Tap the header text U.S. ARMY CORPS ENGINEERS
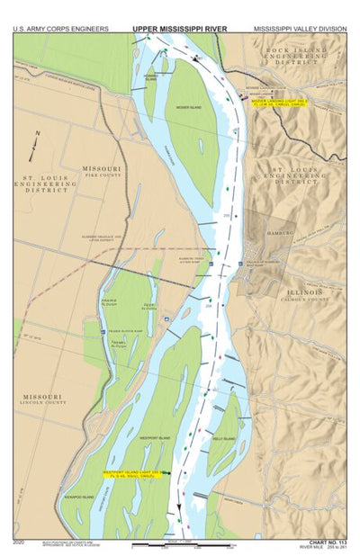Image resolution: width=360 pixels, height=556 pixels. pos(61,29)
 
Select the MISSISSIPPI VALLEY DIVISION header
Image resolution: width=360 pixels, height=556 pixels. pos(299,29)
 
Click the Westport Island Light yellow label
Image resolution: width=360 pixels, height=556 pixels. pos(129,474)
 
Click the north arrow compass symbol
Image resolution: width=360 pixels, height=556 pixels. pos(35,143)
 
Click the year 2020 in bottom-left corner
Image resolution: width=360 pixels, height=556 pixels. pos(20,542)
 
